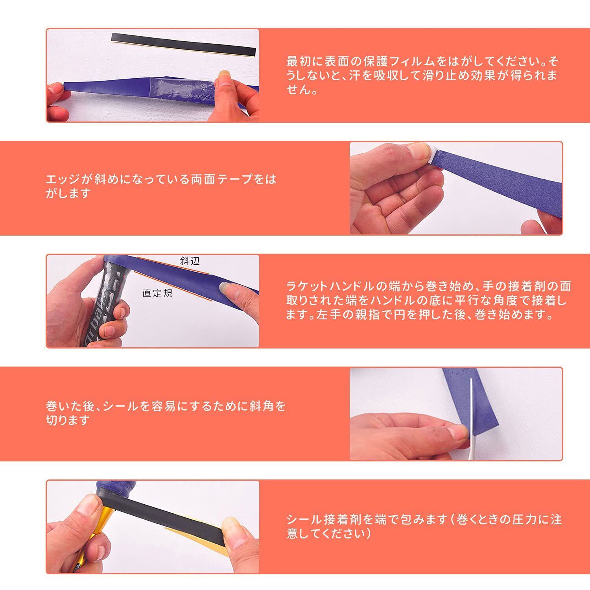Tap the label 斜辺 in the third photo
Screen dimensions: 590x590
pyautogui.click(x=190, y=261)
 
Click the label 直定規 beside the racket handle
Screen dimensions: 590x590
pyautogui.click(x=157, y=293)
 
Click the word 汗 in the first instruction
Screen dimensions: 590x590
pyautogui.click(x=355, y=76)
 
